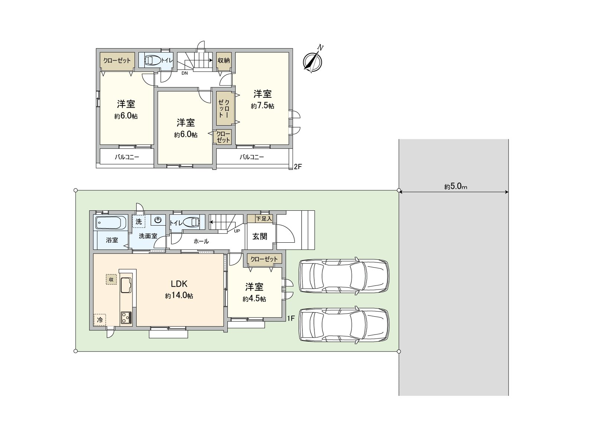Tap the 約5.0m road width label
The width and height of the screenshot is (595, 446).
(456, 187)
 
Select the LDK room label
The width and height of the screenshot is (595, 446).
(179, 284)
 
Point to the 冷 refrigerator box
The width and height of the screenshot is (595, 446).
(100, 320)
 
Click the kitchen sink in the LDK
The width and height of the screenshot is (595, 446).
(126, 285)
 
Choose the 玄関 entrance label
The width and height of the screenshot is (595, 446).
(260, 236)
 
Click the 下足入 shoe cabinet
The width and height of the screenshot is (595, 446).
(264, 219)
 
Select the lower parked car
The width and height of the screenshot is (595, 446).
(344, 324)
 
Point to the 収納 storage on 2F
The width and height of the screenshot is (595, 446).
(223, 60)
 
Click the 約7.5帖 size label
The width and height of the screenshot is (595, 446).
(263, 106)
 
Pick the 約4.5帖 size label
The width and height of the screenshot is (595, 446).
(254, 299)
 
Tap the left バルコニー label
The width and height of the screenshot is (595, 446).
(127, 157)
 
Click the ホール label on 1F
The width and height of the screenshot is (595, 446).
(201, 241)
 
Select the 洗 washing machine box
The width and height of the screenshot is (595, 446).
(139, 222)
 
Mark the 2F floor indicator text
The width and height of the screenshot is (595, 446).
(297, 167)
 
